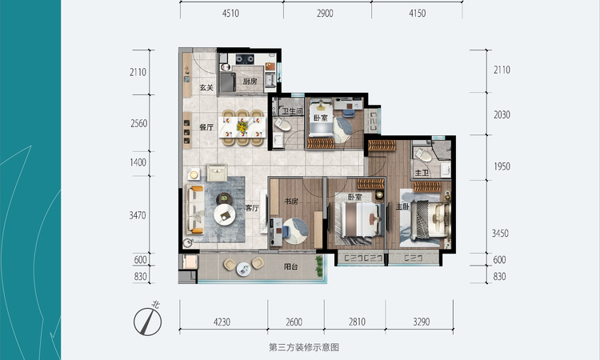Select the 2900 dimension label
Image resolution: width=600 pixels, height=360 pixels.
[327, 13]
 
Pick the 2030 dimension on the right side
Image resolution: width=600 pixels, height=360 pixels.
[502, 114]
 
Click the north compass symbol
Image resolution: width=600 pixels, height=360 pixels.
[146, 318]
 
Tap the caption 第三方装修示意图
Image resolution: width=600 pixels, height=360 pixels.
[305, 347]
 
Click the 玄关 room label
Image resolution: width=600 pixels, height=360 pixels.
[205, 87]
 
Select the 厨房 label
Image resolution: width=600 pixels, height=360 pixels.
[249, 82]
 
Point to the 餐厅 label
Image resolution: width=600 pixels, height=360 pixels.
[206, 126]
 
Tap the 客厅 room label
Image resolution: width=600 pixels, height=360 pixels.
[253, 207]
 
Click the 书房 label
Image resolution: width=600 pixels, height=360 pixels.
[290, 201]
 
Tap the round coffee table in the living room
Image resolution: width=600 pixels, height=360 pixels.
[227, 214]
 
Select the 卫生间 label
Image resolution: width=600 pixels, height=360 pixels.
[294, 112]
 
